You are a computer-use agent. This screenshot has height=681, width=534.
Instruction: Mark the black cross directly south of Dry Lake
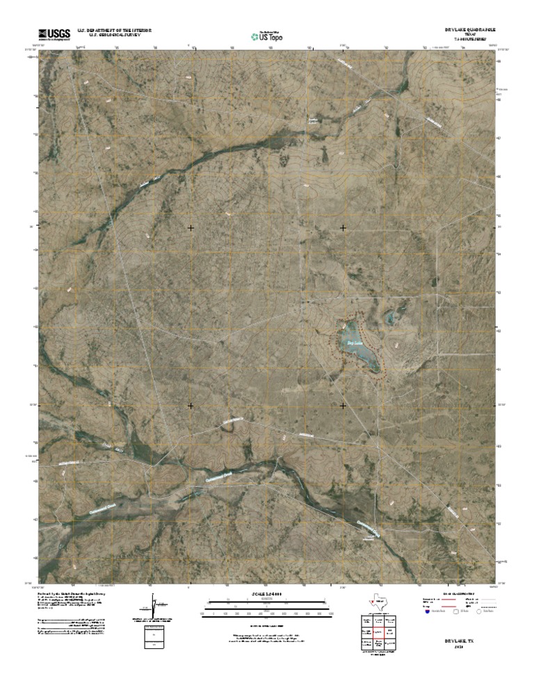(343, 405)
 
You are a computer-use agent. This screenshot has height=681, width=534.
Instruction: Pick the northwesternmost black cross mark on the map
(191, 227)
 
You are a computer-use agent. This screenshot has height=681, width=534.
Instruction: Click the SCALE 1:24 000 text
(266, 594)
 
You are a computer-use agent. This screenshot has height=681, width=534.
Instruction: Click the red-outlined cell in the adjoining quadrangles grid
(376, 632)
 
